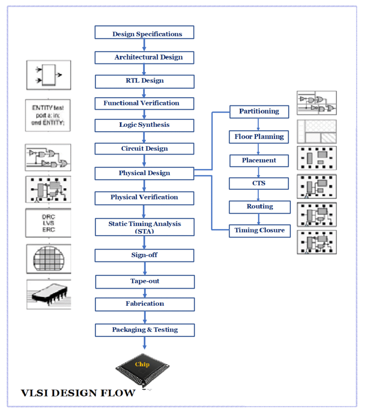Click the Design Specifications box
144,33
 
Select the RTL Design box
144,81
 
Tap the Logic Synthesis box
144,125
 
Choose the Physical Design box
144,173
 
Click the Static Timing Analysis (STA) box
144,227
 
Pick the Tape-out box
145,281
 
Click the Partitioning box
259,112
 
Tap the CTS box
259,183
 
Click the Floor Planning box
259,137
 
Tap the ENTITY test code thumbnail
48,115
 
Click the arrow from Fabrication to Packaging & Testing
144,317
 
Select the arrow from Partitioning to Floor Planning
259,124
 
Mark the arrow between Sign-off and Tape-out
144,269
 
